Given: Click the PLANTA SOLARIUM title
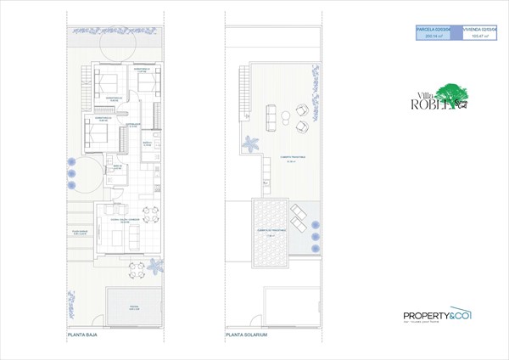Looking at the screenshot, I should tap(247, 335).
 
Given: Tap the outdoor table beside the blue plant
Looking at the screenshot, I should tap(135, 270).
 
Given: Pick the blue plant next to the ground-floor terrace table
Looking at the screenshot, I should tap(155, 269).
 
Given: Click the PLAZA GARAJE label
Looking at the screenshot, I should tap(81, 232).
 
